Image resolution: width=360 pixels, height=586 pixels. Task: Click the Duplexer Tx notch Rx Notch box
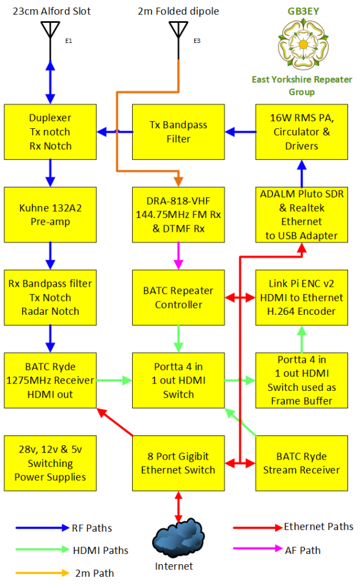pyautogui.click(x=50, y=132)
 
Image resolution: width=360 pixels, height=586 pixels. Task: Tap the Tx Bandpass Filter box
pyautogui.click(x=179, y=132)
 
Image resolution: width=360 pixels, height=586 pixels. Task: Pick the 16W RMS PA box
pyautogui.click(x=302, y=132)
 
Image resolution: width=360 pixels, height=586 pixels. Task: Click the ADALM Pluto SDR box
pyautogui.click(x=302, y=215)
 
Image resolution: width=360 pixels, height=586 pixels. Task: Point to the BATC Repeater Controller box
pyautogui.click(x=179, y=297)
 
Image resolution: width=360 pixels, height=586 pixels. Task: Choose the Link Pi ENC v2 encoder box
pyautogui.click(x=302, y=297)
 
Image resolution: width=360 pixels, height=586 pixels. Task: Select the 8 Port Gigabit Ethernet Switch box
pyautogui.click(x=179, y=462)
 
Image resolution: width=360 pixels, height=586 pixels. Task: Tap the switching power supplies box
pyautogui.click(x=50, y=462)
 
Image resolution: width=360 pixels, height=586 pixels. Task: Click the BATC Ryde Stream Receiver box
pyautogui.click(x=302, y=462)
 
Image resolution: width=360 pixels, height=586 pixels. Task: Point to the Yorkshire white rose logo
pyautogui.click(x=302, y=43)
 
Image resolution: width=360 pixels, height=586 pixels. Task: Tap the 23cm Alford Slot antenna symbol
pyautogui.click(x=50, y=31)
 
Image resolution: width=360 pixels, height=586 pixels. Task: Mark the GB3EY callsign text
pyautogui.click(x=302, y=10)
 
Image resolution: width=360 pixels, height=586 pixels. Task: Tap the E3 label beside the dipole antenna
pyautogui.click(x=197, y=41)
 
